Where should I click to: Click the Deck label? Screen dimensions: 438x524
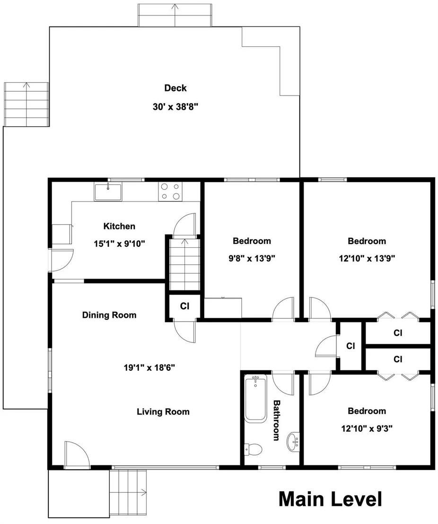point(175,88)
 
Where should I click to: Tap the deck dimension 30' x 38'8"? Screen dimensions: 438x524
point(175,107)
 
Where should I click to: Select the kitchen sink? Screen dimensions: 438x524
point(108,192)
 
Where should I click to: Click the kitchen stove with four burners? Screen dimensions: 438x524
point(171,192)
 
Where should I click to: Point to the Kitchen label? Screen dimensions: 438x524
point(119,226)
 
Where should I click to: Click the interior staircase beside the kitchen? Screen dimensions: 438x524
point(184,265)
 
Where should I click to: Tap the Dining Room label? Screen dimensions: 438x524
point(109,315)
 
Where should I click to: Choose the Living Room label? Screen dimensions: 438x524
point(163,412)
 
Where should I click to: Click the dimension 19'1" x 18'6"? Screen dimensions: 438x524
point(149,367)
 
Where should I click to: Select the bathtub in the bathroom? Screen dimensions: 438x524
point(255,398)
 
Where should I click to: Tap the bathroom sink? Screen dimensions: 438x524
point(293,442)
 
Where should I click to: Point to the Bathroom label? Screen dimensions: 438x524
point(277,420)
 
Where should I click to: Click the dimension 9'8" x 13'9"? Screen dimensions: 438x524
point(252,258)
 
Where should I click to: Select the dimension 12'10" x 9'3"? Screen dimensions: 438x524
point(367,428)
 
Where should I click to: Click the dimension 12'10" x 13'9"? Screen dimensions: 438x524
point(367,258)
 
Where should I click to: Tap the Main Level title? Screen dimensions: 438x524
point(330,499)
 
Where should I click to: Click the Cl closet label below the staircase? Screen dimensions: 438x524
point(184,306)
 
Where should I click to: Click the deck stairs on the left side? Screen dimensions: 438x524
point(26,104)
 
